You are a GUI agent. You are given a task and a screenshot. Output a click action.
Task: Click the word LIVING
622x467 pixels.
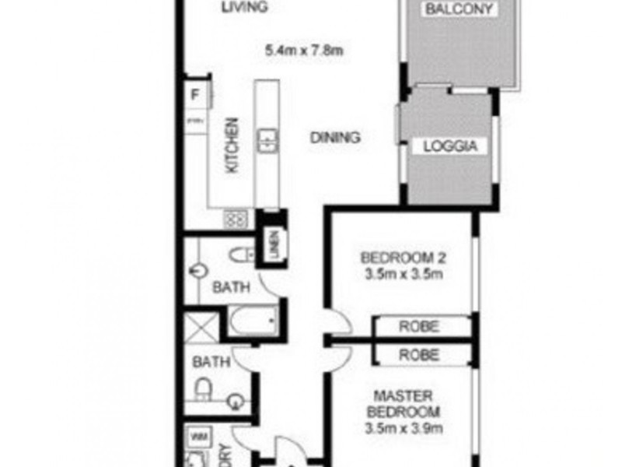[x=243, y=9]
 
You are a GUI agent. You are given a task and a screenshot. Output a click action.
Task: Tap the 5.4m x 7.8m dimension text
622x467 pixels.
[x=304, y=52]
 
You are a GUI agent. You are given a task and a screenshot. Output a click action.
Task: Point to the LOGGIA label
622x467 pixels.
[x=449, y=146]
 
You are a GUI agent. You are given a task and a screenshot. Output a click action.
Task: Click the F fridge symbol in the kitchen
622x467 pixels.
[x=196, y=97]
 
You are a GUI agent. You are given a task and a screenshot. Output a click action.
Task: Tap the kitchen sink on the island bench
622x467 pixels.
[x=267, y=140]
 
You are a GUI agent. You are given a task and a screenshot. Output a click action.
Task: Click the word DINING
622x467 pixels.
[x=335, y=138]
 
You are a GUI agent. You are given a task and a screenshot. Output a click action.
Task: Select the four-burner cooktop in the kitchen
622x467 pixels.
[x=236, y=219]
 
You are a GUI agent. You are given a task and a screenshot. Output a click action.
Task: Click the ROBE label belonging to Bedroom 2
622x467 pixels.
[x=420, y=326]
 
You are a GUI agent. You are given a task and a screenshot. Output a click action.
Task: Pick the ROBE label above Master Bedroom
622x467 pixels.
[x=420, y=355]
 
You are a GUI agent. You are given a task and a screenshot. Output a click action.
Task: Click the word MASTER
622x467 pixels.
[x=403, y=395]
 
